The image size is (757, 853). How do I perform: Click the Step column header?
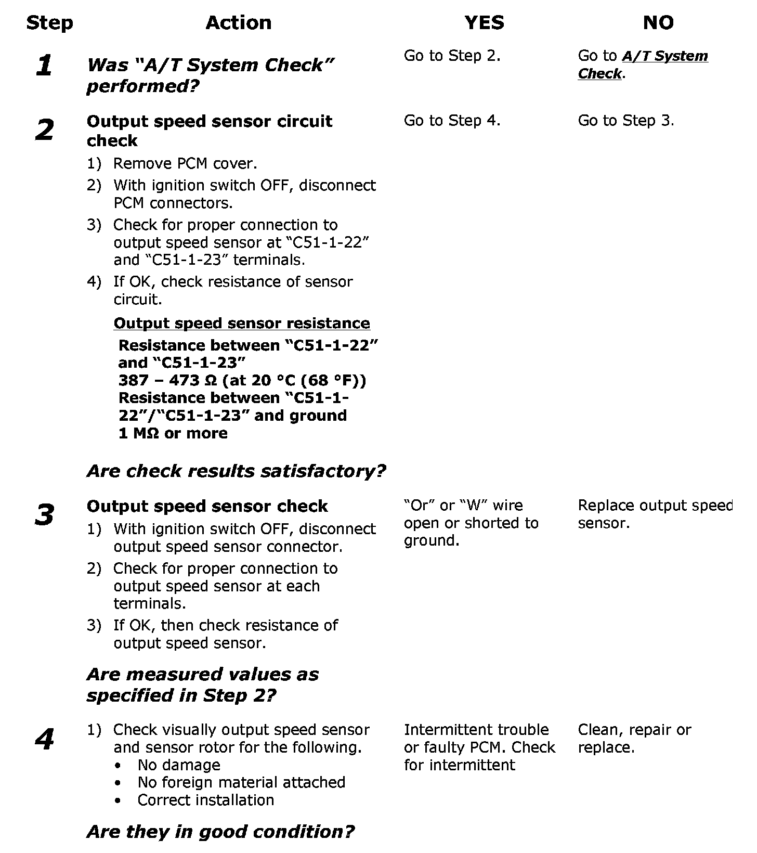coord(49,23)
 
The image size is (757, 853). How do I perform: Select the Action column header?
coord(238,23)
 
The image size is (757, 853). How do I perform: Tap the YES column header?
coord(484,23)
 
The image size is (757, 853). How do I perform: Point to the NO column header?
coord(658,23)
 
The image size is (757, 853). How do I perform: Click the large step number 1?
coord(44,66)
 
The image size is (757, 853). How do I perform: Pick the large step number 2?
coord(45,130)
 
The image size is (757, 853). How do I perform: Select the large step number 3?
coord(45,515)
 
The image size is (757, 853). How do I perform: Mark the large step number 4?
coord(45,739)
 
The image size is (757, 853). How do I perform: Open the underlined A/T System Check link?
coord(643,64)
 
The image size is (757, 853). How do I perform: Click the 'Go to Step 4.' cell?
coord(452,121)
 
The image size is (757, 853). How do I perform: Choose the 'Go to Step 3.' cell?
coord(625,121)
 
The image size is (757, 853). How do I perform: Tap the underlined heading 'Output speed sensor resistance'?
coord(242,323)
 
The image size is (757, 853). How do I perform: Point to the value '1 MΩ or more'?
coord(173,433)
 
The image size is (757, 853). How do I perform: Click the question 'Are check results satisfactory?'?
coord(236,471)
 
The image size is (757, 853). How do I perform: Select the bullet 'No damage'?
coord(178,765)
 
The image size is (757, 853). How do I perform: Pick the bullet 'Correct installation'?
coord(205,800)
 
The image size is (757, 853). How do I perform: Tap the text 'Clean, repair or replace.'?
coord(634,739)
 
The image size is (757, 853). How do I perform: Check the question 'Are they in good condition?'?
coord(220,832)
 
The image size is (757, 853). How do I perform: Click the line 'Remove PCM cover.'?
coord(185,164)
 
